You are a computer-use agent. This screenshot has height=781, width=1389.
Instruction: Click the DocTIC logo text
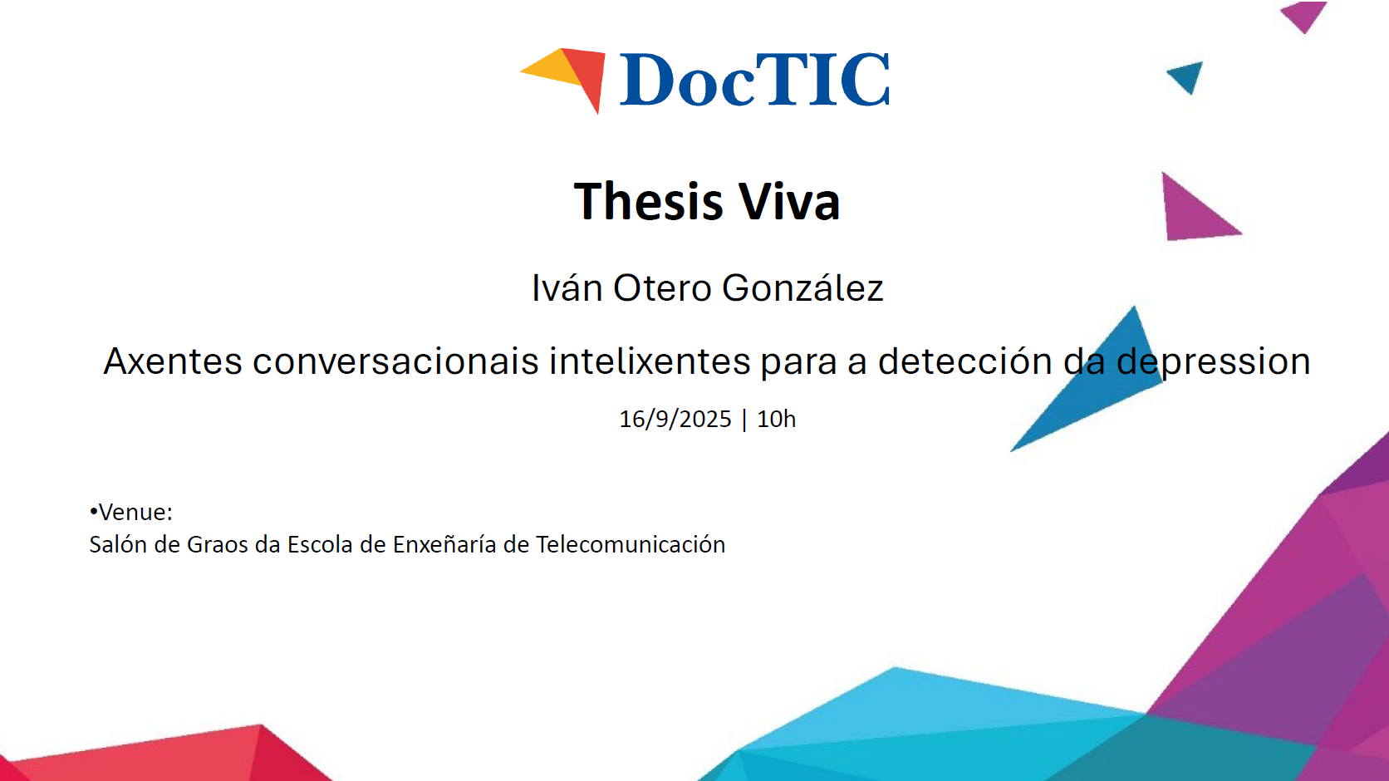click(754, 80)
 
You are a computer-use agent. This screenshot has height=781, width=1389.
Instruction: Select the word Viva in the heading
click(789, 200)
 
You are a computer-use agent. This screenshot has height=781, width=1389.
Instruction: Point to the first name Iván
click(567, 287)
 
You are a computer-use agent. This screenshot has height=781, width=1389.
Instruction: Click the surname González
click(802, 287)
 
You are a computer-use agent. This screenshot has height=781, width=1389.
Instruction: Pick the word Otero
click(661, 288)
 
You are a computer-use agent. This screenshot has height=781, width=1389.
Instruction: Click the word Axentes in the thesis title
click(173, 361)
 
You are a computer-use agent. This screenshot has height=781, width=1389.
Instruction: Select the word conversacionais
click(395, 361)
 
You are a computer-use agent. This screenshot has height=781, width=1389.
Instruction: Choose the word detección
click(964, 361)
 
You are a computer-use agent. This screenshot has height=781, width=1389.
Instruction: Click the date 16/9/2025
click(675, 420)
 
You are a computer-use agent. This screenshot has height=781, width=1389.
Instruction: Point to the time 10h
click(777, 420)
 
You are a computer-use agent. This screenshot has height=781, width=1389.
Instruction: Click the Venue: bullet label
click(130, 513)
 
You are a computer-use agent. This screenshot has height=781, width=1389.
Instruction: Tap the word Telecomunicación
click(631, 545)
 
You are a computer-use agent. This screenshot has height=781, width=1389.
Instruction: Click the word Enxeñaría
click(444, 545)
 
